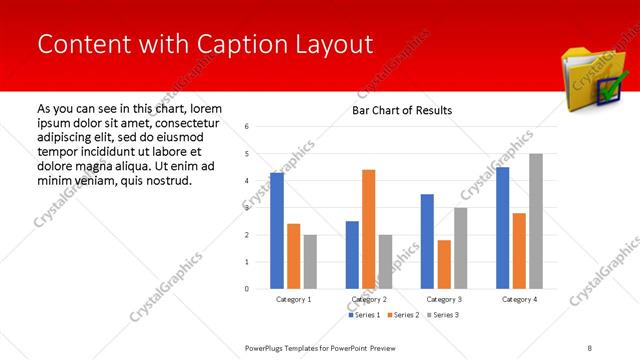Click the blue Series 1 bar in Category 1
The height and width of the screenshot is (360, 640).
(277, 231)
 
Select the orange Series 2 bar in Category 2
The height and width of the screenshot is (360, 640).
(369, 229)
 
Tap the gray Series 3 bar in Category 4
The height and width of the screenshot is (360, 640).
(536, 221)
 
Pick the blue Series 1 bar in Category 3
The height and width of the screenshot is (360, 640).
(427, 241)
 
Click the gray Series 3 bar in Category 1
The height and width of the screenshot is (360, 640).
(310, 261)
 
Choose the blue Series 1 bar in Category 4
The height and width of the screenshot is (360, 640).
(502, 228)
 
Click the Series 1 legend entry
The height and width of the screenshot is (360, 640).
(364, 315)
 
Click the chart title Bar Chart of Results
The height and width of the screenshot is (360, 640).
(402, 110)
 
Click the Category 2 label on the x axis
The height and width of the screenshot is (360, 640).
(369, 299)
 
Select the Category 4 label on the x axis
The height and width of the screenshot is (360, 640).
(519, 299)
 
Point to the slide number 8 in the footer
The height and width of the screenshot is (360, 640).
(590, 347)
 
